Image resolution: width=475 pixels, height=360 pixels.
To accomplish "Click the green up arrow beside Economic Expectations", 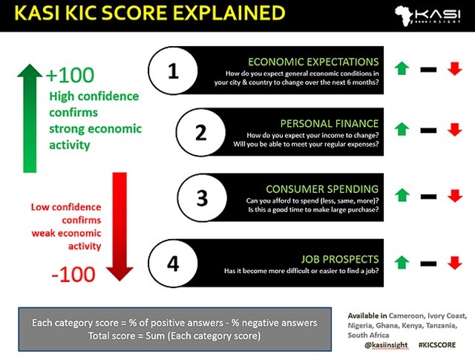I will point(402,68).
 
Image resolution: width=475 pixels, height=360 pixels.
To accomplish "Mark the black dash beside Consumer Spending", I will point(428,195).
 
